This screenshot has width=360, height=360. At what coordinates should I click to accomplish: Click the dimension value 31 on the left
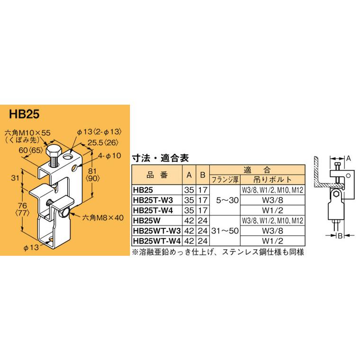click(x=15, y=178)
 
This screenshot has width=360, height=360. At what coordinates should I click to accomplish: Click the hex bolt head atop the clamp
click(x=53, y=153)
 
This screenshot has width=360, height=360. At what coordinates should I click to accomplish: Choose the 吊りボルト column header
click(x=271, y=180)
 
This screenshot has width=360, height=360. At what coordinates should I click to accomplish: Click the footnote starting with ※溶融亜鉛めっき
click(x=216, y=252)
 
